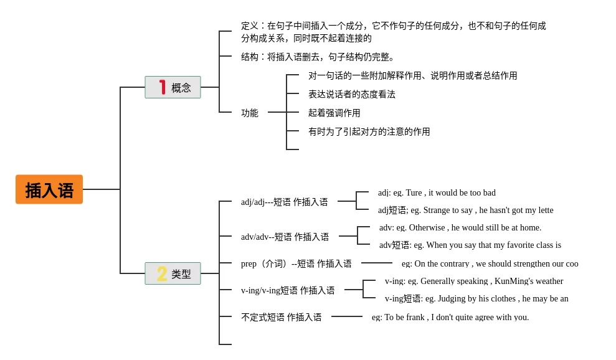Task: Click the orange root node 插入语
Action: click(x=49, y=189)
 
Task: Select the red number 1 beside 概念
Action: click(x=162, y=87)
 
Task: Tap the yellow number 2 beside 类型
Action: click(x=162, y=273)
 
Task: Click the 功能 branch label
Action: click(x=250, y=113)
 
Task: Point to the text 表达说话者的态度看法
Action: click(x=352, y=94)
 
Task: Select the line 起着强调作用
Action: click(x=334, y=113)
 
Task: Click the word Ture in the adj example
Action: click(x=414, y=192)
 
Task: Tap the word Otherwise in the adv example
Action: click(x=427, y=227)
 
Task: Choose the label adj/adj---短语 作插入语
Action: click(x=285, y=202)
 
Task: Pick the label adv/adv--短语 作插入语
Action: click(x=285, y=237)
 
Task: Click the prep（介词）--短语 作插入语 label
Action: click(x=296, y=263)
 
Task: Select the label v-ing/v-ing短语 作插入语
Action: click(x=288, y=290)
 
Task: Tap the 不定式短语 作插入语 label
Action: click(x=282, y=317)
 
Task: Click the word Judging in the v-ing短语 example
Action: click(x=450, y=299)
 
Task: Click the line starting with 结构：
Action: click(x=318, y=57)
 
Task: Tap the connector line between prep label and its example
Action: click(x=377, y=263)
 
